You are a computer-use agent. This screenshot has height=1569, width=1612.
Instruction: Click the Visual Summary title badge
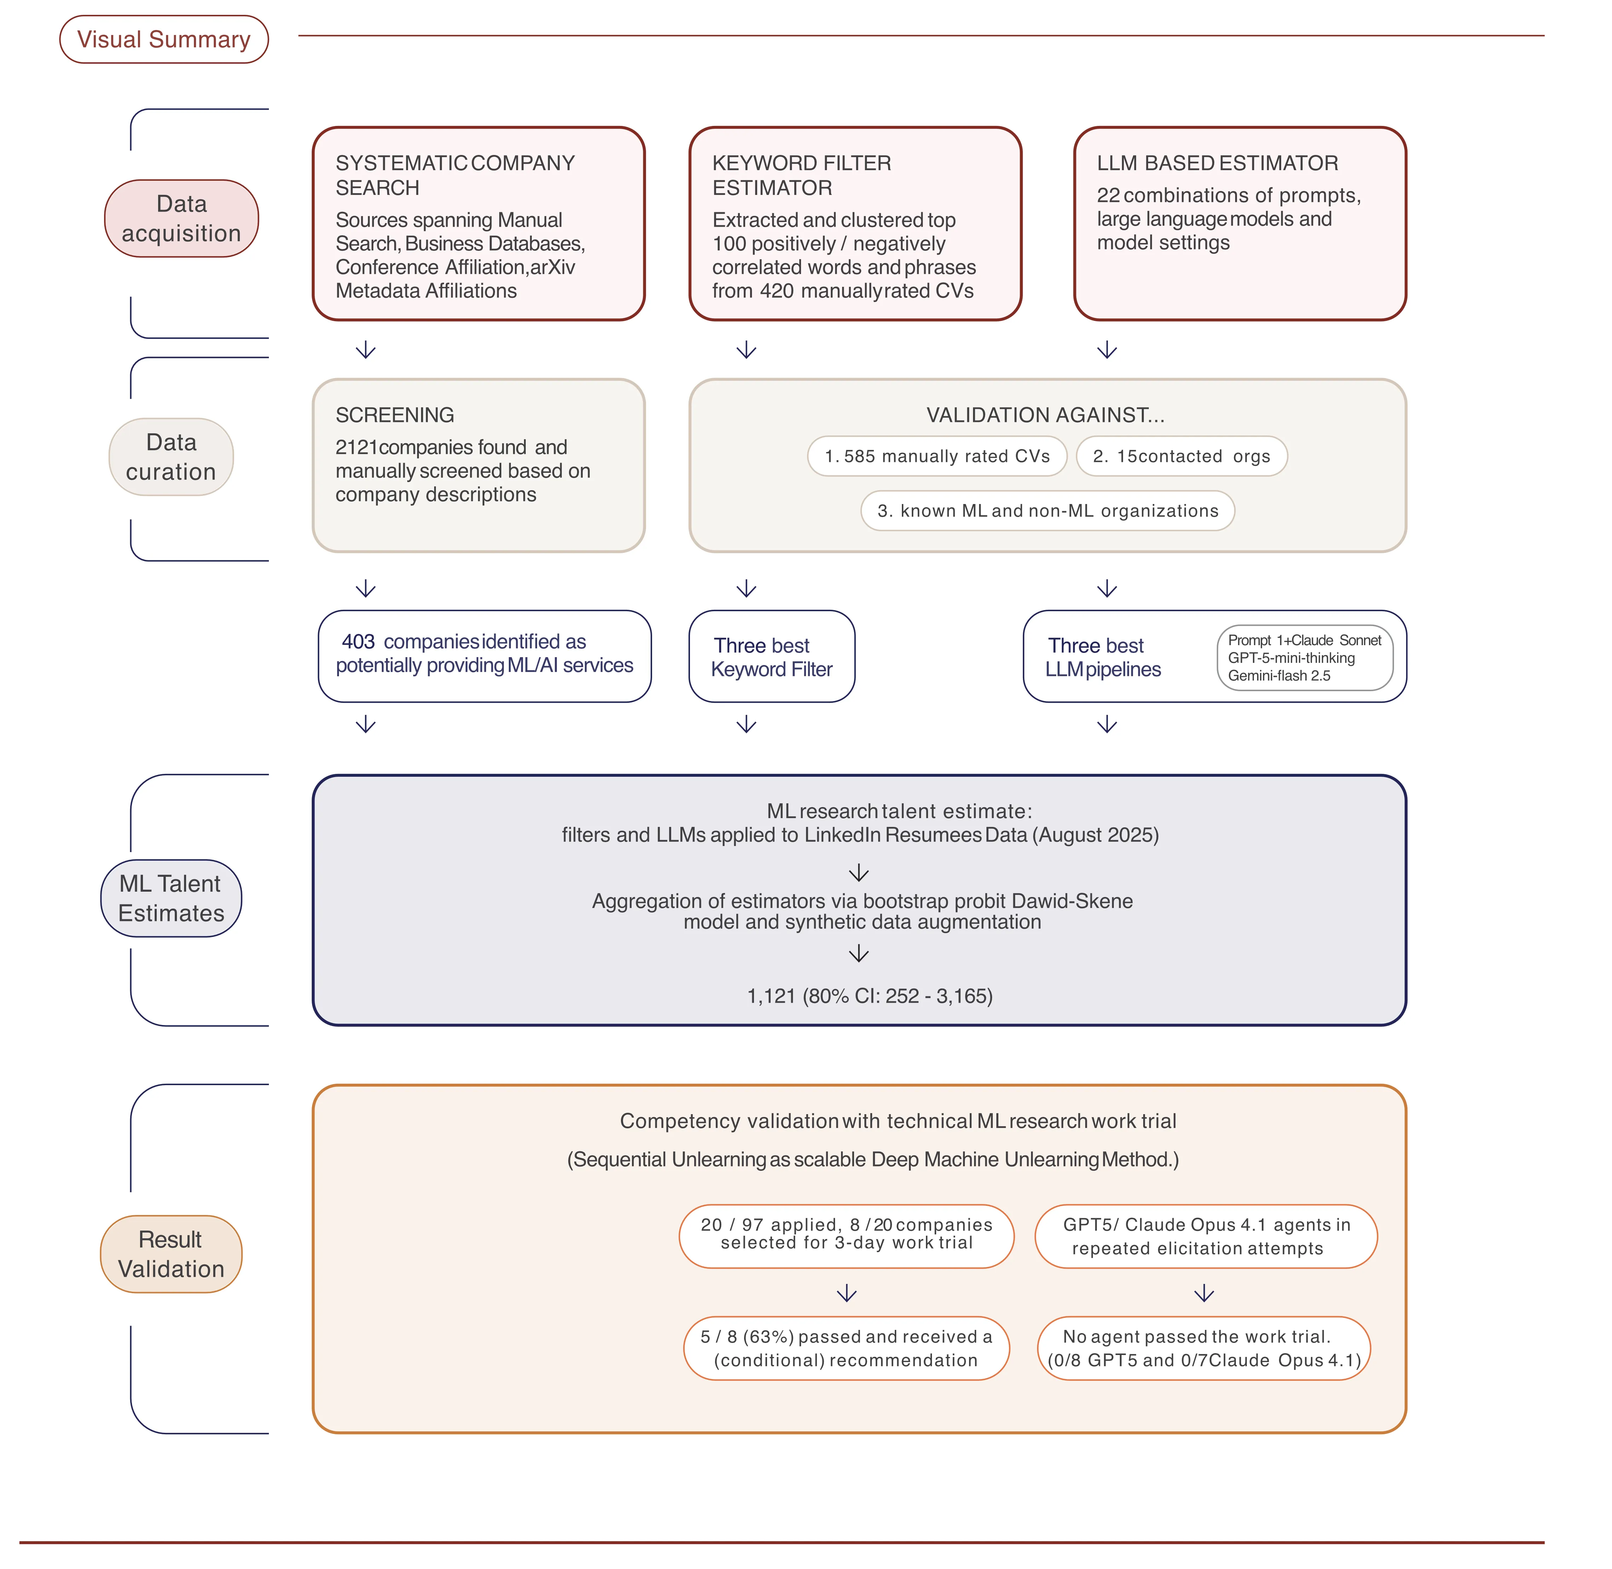coord(164,40)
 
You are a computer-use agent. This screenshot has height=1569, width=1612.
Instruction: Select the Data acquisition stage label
coord(181,218)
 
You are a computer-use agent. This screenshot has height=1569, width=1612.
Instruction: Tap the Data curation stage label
coord(171,457)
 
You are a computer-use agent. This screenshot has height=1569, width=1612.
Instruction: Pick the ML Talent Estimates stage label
coord(171,898)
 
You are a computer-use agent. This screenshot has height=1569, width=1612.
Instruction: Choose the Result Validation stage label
coord(171,1254)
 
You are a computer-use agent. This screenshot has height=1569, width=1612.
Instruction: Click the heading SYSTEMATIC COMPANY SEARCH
coord(455,175)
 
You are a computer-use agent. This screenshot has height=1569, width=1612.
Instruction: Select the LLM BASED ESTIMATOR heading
coord(1217,163)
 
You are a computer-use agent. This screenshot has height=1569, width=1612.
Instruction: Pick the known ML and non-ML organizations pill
coord(1047,511)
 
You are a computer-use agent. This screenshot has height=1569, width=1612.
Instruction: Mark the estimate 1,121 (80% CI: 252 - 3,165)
coord(869,996)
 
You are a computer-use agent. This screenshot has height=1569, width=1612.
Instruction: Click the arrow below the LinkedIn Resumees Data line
coord(859,873)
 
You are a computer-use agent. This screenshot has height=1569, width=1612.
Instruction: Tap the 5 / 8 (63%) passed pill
coord(846,1349)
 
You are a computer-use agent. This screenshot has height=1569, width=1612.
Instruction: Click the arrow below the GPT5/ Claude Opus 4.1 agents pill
coord(1204,1294)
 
